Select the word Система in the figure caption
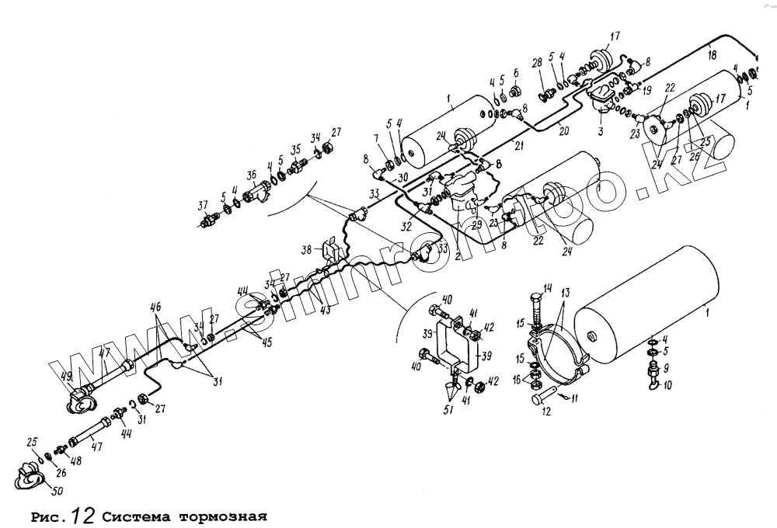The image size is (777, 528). [138, 516]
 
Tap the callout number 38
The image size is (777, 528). [308, 251]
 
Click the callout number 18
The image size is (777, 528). [712, 56]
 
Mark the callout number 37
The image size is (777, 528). [204, 205]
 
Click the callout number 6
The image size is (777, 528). [515, 73]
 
